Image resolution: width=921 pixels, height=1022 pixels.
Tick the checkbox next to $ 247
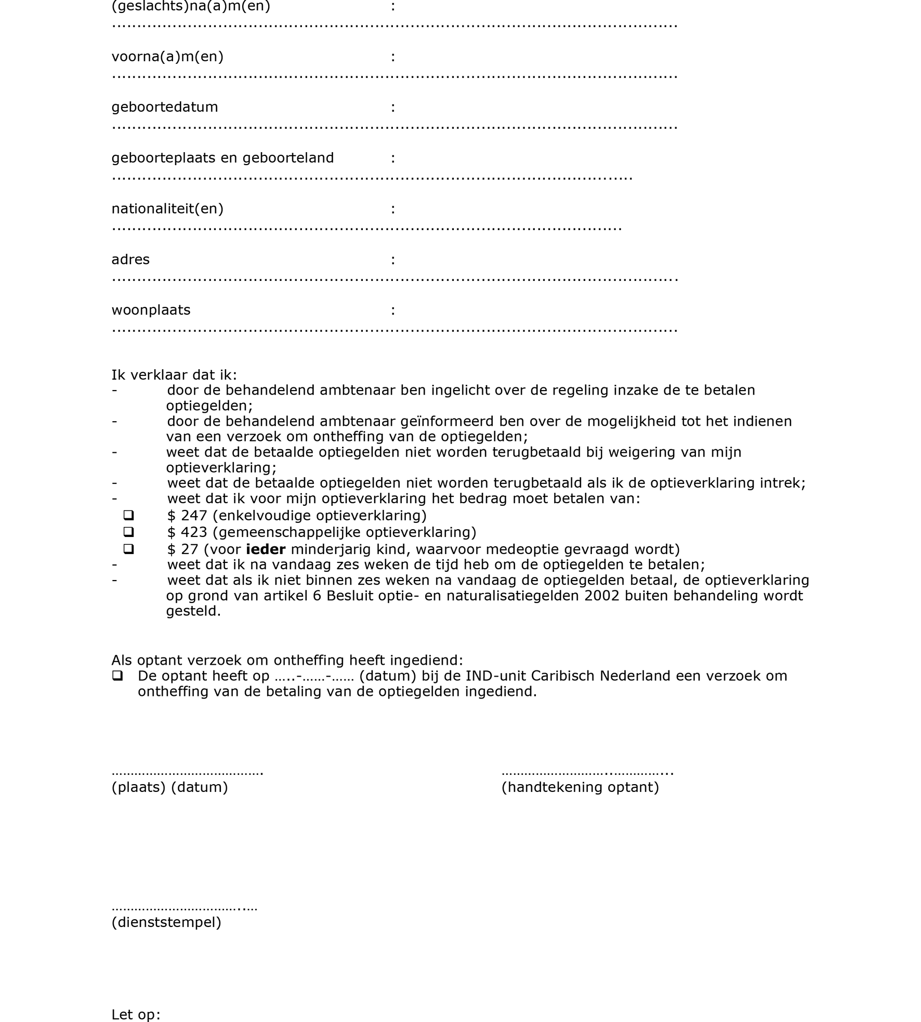(x=128, y=515)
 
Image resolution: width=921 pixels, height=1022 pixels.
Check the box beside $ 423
(x=128, y=532)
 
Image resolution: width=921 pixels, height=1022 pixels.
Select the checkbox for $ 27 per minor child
(x=128, y=548)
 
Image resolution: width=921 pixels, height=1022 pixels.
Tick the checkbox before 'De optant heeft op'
(x=117, y=676)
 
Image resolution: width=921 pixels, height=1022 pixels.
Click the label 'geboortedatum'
(x=165, y=107)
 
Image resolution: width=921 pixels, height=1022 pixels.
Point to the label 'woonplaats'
(x=151, y=310)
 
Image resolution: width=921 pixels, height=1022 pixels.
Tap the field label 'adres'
(x=130, y=259)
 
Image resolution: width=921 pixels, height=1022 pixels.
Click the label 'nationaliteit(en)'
(x=167, y=209)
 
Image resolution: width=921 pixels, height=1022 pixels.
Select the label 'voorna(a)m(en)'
(x=167, y=57)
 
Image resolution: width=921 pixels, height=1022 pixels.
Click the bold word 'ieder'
(x=266, y=549)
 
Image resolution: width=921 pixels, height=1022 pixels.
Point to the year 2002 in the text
(x=602, y=595)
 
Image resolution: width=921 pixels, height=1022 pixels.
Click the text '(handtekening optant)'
(x=580, y=787)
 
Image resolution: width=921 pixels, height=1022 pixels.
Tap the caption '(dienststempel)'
(x=166, y=922)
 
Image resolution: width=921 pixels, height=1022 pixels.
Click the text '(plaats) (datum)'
(x=169, y=787)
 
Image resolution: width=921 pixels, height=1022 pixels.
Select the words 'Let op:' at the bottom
(x=136, y=1014)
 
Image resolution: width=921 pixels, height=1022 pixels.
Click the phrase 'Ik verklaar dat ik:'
(x=174, y=374)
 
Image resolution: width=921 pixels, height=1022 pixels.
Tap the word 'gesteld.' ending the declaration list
(x=193, y=611)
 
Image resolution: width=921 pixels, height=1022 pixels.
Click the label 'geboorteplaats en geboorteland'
(x=222, y=158)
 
